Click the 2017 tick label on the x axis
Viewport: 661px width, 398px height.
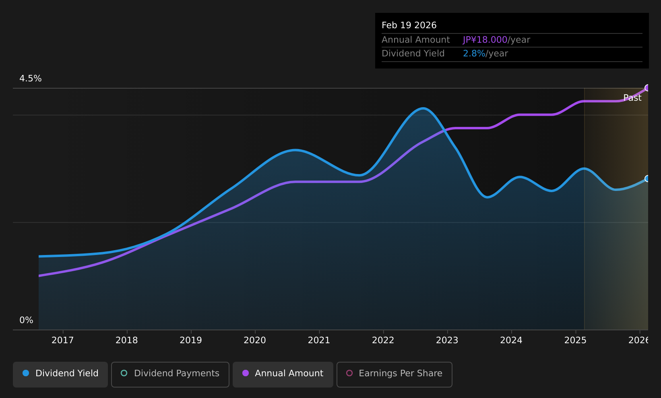coord(62,340)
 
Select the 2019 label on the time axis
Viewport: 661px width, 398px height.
coord(191,340)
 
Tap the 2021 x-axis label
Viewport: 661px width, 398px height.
coord(319,340)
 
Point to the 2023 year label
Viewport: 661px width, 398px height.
coord(447,340)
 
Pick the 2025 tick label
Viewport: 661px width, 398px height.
coord(575,340)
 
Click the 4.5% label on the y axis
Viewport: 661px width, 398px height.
coord(31,79)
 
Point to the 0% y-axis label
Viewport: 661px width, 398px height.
coord(26,320)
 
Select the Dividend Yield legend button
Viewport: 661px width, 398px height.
coord(60,374)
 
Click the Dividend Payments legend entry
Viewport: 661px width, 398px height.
coord(170,374)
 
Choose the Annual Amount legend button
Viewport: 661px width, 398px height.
coord(283,374)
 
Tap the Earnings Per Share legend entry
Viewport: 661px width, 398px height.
coord(394,374)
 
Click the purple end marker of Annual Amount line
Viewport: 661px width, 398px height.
coord(647,88)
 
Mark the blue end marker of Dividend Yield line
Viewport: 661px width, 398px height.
coord(647,178)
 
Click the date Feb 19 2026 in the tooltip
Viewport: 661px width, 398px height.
coord(409,25)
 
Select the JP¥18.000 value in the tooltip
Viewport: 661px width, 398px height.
coord(485,40)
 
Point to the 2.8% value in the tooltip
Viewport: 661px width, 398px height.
coord(474,54)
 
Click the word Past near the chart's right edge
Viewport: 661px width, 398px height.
coord(632,98)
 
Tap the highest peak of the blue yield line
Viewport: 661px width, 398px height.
coord(423,108)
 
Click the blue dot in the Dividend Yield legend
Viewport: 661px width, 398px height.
coord(26,373)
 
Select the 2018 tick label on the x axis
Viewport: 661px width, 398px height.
coord(126,340)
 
